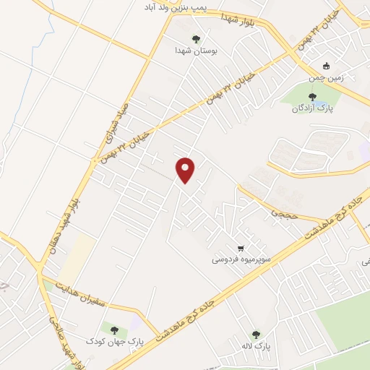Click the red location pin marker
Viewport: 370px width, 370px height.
(x=186, y=170)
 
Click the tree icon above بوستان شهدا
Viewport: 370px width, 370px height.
(x=196, y=39)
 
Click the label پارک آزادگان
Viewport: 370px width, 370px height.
(x=311, y=108)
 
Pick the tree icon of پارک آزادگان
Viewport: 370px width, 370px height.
(x=312, y=97)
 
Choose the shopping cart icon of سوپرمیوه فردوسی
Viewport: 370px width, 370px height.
(x=250, y=246)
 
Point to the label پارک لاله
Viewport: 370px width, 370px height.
(x=256, y=347)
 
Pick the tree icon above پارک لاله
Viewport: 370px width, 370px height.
(x=256, y=335)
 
